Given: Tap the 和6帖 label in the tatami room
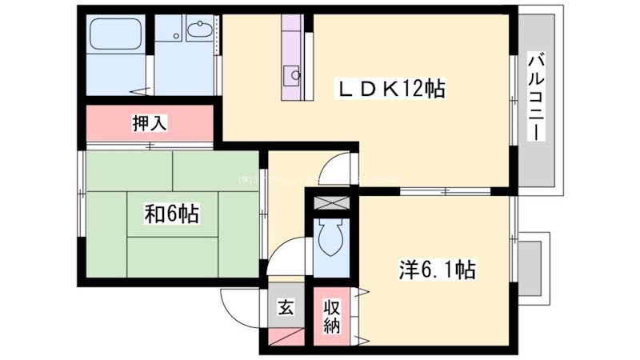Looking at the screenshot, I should click(x=172, y=214).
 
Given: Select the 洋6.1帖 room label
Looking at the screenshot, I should click(x=437, y=270).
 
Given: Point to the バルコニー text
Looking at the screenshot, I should click(x=537, y=95).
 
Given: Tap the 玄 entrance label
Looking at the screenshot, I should click(x=285, y=307).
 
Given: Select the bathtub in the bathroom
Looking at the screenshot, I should click(x=115, y=36).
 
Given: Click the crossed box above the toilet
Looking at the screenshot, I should click(x=330, y=202).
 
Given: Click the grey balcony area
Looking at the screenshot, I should click(x=537, y=104).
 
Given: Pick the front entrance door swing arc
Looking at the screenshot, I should click(x=240, y=308).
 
